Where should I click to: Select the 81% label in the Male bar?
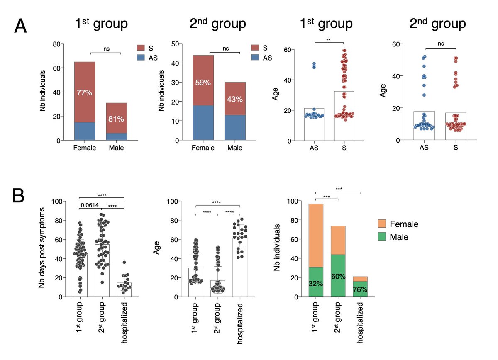(116, 119)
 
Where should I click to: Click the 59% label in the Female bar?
(203, 83)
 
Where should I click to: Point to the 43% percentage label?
(234, 100)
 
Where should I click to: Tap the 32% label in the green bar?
(316, 283)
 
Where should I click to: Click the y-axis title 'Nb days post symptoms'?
(41, 249)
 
